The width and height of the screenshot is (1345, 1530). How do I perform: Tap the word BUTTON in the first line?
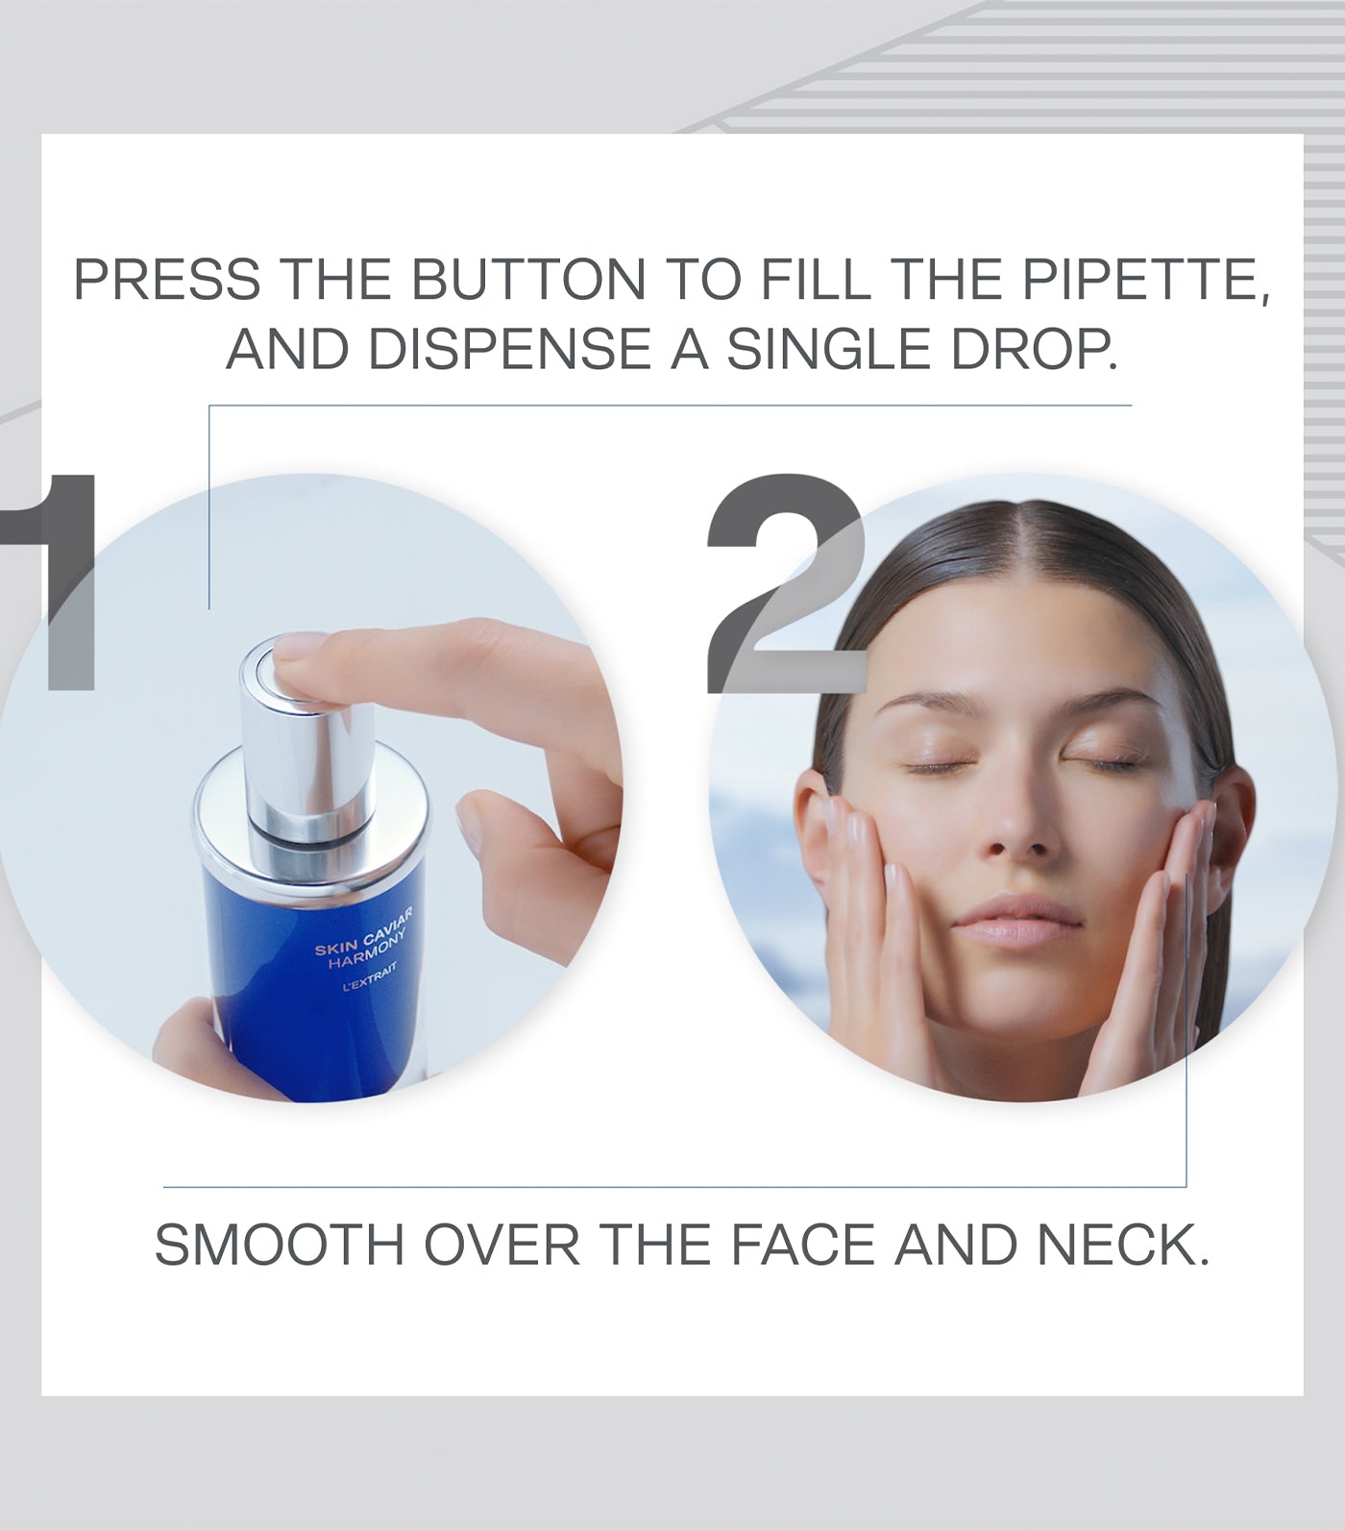click(x=527, y=280)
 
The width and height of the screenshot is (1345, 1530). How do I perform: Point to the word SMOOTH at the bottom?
click(x=280, y=1246)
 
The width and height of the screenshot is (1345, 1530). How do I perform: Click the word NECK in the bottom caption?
click(x=1122, y=1246)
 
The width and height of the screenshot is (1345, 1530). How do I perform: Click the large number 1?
click(x=53, y=582)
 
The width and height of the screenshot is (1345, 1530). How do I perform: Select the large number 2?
click(x=787, y=582)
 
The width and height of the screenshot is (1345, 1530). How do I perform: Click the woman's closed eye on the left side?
click(x=941, y=766)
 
